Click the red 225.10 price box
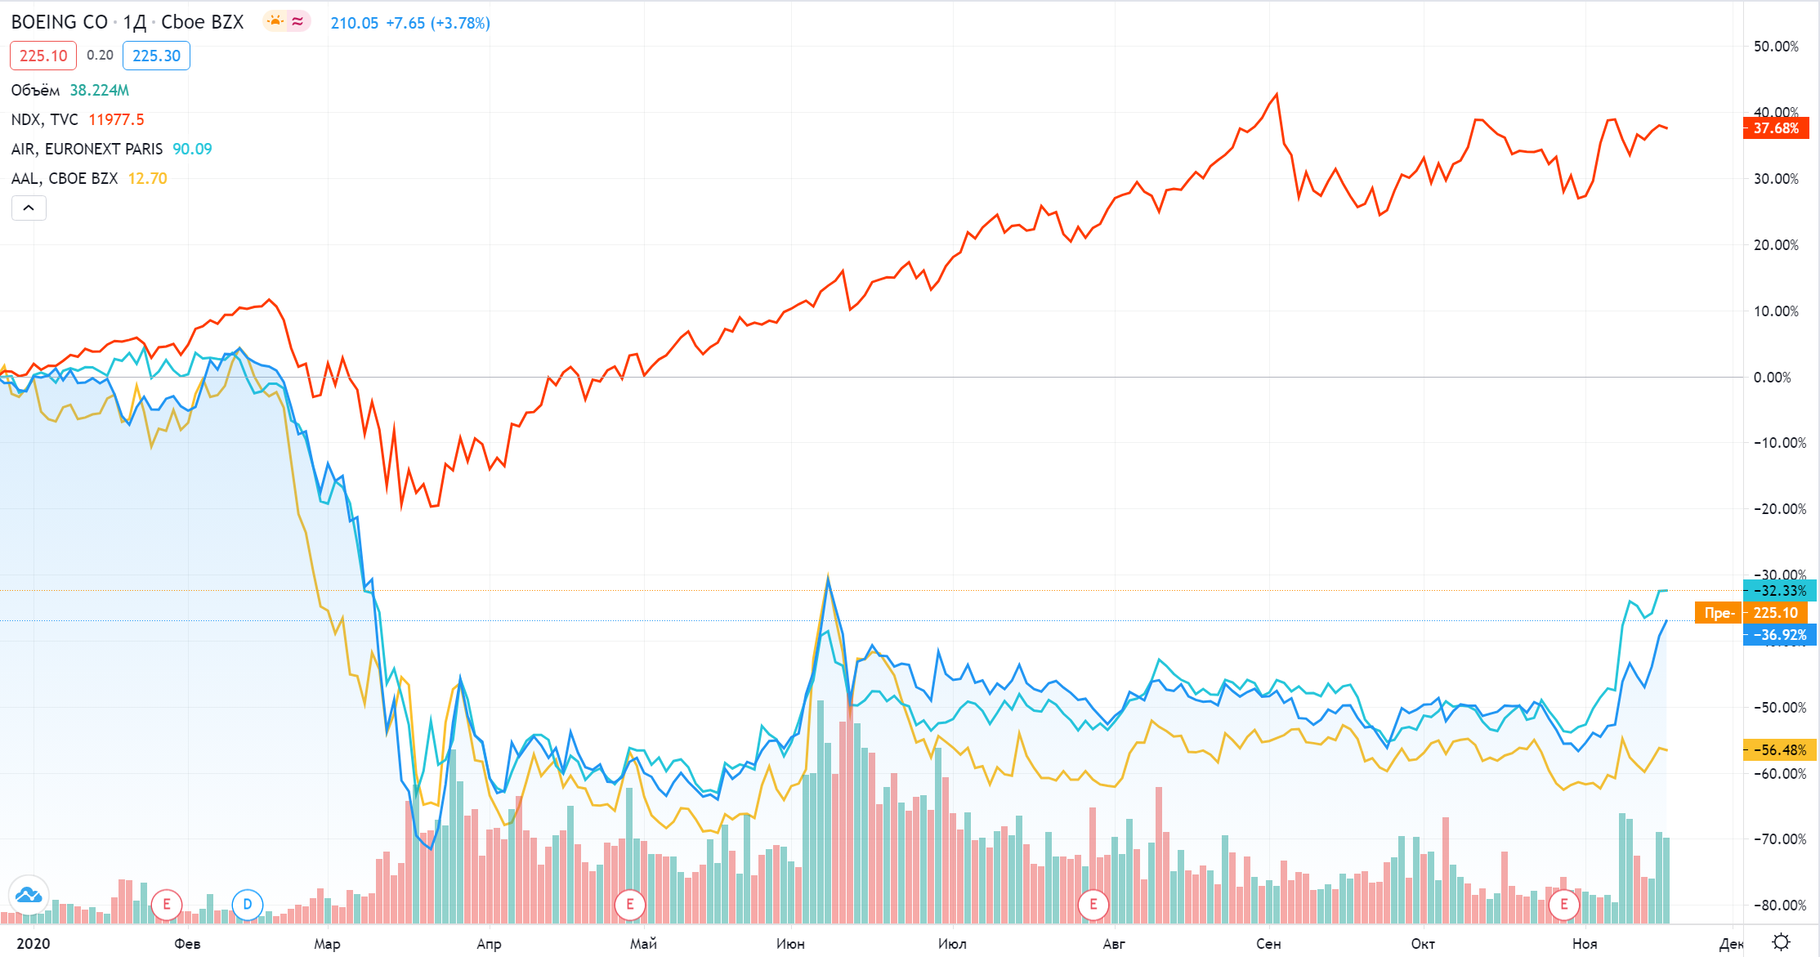(x=43, y=56)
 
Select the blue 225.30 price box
(x=156, y=56)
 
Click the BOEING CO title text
(x=60, y=22)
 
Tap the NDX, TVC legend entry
(x=45, y=119)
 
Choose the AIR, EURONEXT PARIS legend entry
(x=87, y=149)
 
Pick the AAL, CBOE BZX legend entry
(x=65, y=178)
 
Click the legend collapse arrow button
(x=29, y=208)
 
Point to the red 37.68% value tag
(x=1776, y=128)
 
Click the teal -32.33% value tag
(x=1779, y=590)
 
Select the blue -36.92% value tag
(x=1779, y=635)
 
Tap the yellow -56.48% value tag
(x=1779, y=749)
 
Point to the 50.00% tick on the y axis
(x=1776, y=47)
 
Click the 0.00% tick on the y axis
(x=1772, y=377)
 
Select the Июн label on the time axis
(x=790, y=944)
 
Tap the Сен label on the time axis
(x=1268, y=944)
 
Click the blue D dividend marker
(x=248, y=905)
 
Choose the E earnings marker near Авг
(x=1093, y=905)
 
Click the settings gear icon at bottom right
(x=1782, y=942)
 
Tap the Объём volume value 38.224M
(x=99, y=90)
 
